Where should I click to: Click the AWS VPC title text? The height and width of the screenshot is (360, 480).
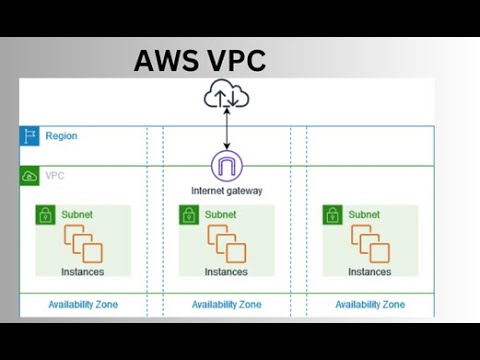tap(200, 62)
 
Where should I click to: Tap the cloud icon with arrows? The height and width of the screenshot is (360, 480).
tap(227, 97)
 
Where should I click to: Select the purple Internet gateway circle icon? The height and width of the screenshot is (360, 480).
tap(227, 166)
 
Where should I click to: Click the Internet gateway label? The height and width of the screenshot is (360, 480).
tap(227, 190)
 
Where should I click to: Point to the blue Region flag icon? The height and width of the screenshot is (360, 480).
tap(29, 136)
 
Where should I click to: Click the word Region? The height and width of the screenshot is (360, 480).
tap(61, 136)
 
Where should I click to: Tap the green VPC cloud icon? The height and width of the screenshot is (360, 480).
tap(29, 176)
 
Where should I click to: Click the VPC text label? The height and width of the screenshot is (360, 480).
tap(56, 176)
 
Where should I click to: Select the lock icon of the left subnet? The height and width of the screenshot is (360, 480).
tap(44, 214)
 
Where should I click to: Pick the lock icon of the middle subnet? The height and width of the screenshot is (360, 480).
tap(187, 214)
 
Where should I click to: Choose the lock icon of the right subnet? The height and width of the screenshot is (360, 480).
tap(331, 214)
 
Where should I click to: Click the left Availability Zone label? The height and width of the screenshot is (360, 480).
tap(83, 304)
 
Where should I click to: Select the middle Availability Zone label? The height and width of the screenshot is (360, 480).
tap(227, 304)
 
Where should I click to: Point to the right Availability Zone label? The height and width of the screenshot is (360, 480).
tap(370, 304)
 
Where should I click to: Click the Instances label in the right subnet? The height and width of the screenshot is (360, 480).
tap(370, 271)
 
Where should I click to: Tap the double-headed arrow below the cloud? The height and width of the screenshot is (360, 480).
tap(227, 130)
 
